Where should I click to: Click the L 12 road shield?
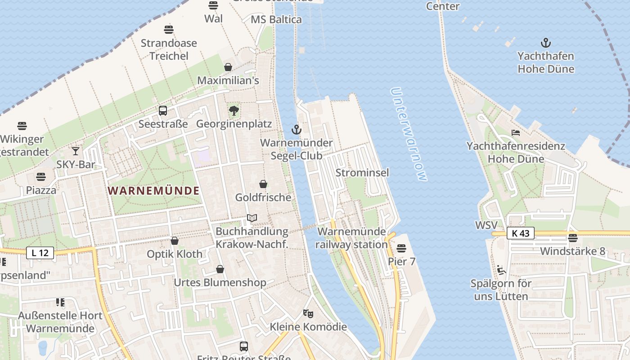click(x=40, y=253)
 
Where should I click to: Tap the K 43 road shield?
click(x=521, y=233)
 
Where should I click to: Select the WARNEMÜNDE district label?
click(x=153, y=190)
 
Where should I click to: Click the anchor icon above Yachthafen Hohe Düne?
click(x=545, y=43)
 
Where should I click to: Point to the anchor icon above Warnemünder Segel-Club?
click(x=296, y=130)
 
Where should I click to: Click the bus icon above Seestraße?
click(x=163, y=111)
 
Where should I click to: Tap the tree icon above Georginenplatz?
click(x=234, y=111)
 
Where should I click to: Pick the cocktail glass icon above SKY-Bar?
click(x=76, y=151)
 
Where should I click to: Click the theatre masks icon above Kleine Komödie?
click(x=308, y=313)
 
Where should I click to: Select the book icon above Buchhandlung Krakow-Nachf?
click(x=252, y=218)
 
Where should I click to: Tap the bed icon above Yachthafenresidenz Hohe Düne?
click(x=516, y=133)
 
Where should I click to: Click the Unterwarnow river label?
click(x=408, y=134)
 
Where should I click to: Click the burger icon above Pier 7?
click(x=401, y=248)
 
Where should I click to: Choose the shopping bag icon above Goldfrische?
click(x=263, y=184)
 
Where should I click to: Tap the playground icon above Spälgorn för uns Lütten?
click(x=501, y=270)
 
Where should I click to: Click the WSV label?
click(x=486, y=225)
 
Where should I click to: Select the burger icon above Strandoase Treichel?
click(x=169, y=30)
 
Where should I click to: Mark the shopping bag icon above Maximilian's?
click(x=228, y=67)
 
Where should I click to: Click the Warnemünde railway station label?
click(x=351, y=238)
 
